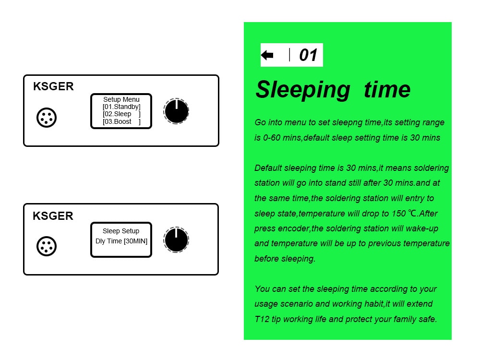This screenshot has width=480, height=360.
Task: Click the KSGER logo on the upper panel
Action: tap(53, 86)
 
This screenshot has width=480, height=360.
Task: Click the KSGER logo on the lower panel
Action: tap(53, 216)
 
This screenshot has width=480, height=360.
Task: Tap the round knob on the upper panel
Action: tap(176, 111)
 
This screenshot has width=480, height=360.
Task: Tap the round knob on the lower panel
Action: tap(176, 240)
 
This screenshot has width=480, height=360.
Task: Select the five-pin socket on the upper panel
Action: tap(47, 118)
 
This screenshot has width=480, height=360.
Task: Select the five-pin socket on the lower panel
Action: tap(47, 246)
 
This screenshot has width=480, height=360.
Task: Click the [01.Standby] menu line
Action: tap(121, 107)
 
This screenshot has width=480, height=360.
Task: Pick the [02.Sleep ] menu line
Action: tap(121, 114)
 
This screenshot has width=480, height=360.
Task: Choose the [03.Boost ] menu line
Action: tap(121, 121)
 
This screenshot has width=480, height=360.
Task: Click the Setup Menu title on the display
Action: tap(121, 99)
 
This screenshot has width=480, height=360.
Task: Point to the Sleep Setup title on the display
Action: tap(121, 231)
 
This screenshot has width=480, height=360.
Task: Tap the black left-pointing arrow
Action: tap(267, 55)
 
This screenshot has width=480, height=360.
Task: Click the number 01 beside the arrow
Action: tap(308, 55)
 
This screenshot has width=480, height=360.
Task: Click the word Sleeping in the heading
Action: tap(303, 90)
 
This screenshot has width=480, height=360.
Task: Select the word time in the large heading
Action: tap(387, 89)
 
